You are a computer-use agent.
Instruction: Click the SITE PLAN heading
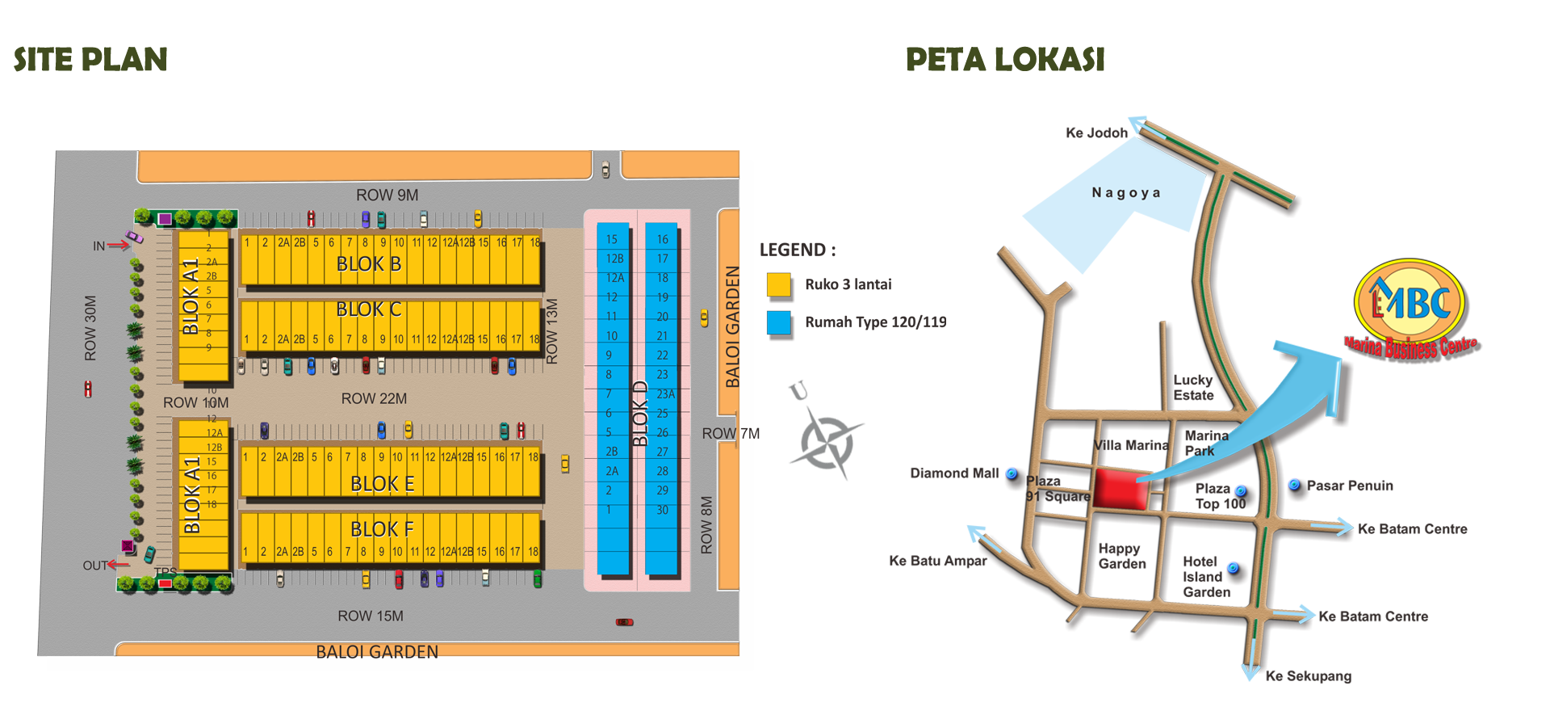coord(90,60)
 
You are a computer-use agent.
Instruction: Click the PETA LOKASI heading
coord(1005,60)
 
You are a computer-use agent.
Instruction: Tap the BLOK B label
coord(369,264)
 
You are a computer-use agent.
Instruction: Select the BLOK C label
coord(369,309)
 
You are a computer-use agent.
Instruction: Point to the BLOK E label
coord(383,484)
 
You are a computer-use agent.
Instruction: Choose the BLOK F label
coord(383,529)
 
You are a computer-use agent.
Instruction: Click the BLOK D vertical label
coord(640,413)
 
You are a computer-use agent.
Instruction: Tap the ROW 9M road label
coord(387,196)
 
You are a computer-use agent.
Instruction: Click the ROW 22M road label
coord(374,399)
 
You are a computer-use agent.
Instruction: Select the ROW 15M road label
coord(371,616)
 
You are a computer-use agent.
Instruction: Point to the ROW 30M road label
coord(90,328)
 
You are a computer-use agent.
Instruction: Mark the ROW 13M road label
coord(552,331)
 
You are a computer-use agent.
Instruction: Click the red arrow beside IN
coord(119,245)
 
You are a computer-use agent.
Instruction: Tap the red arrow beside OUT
coord(119,565)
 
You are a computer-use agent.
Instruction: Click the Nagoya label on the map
coord(1126,193)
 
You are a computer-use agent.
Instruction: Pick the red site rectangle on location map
coord(1121,488)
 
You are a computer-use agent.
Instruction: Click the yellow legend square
coord(778,284)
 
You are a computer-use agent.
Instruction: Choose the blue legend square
coord(778,322)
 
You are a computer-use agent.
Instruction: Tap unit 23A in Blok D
coord(665,394)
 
